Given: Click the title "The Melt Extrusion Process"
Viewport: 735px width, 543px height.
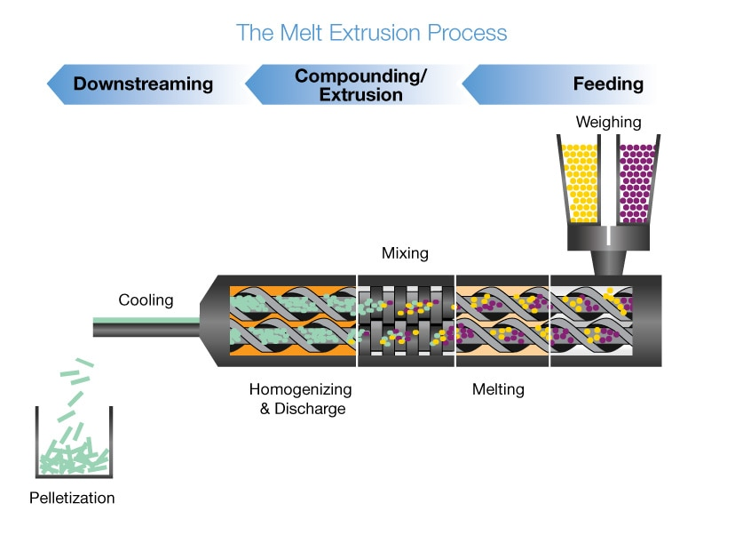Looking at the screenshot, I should (371, 34).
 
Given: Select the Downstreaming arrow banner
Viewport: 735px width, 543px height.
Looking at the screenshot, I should (142, 84).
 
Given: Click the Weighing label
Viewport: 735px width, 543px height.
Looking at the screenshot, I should (608, 122).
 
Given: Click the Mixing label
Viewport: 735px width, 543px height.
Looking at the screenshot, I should (405, 254).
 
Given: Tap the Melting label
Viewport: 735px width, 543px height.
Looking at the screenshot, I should (498, 389).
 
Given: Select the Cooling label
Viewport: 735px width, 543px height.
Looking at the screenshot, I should (146, 300).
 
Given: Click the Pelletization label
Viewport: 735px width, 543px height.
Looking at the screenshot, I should (72, 498).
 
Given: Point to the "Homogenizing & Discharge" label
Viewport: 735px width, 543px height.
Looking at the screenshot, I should (300, 399).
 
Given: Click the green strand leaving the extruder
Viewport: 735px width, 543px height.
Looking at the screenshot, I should (146, 321).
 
